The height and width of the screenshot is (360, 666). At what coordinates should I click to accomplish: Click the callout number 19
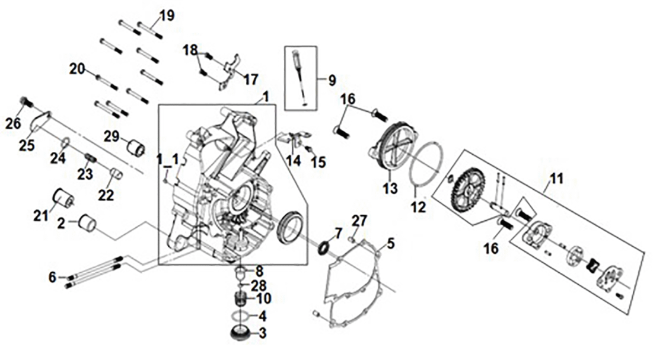click(167, 15)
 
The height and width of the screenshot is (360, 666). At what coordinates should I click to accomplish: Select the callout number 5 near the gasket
click(391, 243)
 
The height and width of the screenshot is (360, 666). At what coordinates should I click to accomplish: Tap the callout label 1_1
click(167, 158)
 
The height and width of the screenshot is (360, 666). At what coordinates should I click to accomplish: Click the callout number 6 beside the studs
click(52, 276)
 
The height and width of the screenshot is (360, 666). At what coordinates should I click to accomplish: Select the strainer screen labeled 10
click(241, 298)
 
